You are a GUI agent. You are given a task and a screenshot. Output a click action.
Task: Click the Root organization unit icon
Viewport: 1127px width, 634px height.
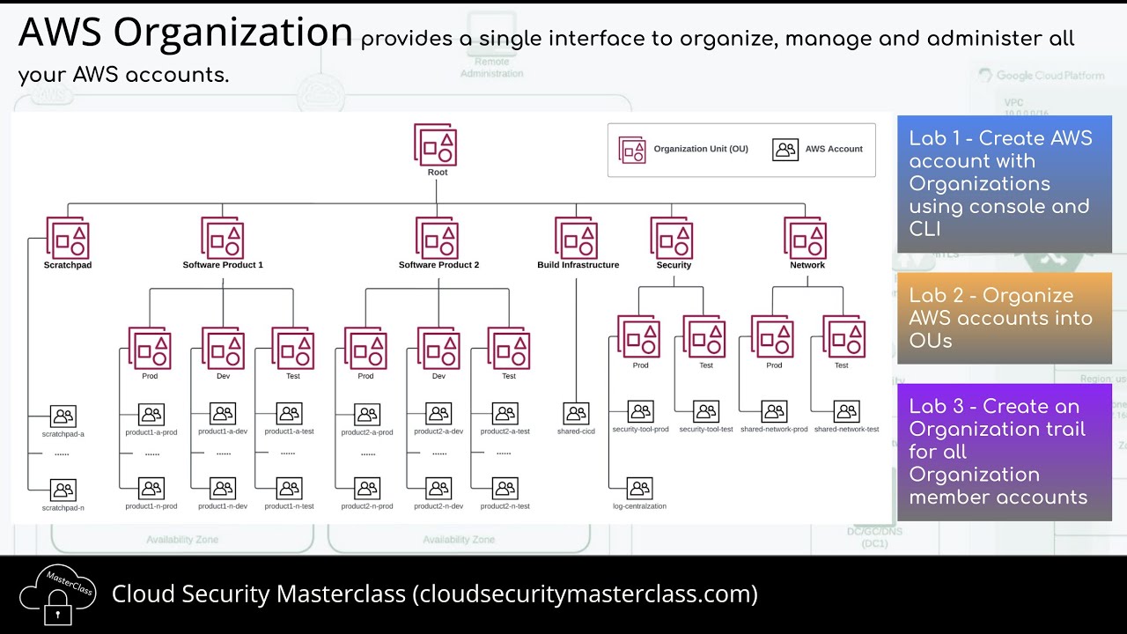tap(437, 144)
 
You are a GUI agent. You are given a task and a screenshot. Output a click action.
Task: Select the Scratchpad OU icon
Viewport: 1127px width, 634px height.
tap(68, 238)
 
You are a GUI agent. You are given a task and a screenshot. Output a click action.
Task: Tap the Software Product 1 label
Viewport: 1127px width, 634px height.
tap(223, 265)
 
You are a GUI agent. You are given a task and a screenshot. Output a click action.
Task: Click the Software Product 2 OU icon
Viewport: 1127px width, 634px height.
tap(438, 238)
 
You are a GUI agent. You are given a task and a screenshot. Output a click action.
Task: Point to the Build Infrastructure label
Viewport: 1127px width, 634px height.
tap(578, 265)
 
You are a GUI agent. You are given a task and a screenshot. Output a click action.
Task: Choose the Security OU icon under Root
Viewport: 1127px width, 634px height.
tap(673, 238)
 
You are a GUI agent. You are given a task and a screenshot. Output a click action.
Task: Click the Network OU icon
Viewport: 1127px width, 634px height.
tap(807, 238)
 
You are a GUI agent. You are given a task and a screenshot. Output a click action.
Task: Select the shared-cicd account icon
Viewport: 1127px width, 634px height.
tap(576, 413)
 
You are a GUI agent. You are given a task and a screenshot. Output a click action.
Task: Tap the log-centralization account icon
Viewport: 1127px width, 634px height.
tap(639, 488)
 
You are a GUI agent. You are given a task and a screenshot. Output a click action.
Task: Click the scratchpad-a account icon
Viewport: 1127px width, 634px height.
tap(63, 416)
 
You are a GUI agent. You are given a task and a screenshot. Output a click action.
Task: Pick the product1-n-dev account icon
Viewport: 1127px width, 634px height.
tap(223, 488)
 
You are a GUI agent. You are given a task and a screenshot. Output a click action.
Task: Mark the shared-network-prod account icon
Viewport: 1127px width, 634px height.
tap(774, 411)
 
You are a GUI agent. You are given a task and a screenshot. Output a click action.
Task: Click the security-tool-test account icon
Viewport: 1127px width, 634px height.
tap(705, 411)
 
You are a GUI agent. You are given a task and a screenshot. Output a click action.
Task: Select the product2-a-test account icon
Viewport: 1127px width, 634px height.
tap(505, 414)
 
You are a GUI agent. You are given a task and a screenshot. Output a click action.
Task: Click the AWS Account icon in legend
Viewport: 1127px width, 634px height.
tap(785, 150)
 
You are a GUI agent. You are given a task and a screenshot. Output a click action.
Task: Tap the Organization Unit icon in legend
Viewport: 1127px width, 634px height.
tap(632, 150)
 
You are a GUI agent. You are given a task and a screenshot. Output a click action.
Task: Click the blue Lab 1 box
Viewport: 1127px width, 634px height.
tap(1005, 184)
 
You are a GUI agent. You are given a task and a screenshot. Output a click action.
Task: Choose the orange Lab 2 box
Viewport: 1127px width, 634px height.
tap(1005, 318)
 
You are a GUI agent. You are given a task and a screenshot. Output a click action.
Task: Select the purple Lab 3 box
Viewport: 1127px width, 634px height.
tap(1005, 452)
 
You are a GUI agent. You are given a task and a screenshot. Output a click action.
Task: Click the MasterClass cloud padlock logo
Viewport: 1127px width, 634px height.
tap(57, 593)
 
